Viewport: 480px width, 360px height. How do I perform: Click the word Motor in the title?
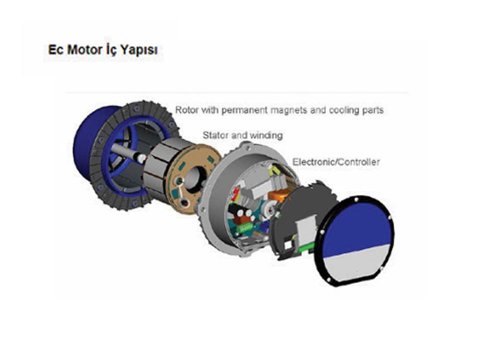(x=80, y=50)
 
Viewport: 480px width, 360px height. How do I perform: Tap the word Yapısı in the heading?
(x=139, y=50)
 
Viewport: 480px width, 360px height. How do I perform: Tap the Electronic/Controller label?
(x=336, y=161)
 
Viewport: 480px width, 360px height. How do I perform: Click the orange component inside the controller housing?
(x=279, y=196)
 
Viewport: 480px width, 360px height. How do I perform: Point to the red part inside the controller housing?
(x=236, y=194)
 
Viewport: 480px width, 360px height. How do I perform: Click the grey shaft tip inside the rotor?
(x=142, y=158)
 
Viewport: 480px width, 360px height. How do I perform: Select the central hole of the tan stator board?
(x=194, y=179)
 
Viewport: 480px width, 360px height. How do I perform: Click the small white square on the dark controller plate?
(x=288, y=245)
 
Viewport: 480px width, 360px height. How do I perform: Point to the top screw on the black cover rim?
(x=356, y=200)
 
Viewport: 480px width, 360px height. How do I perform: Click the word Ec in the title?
(x=55, y=50)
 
